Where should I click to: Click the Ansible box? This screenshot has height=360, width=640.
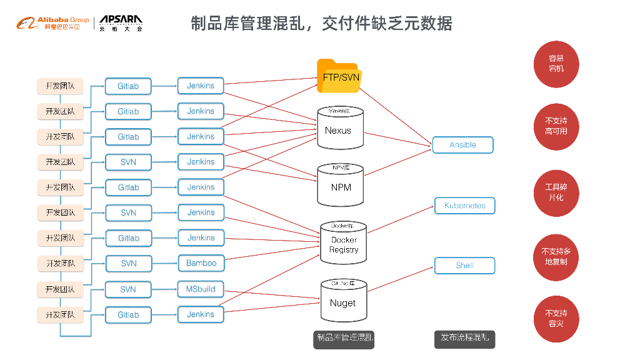pyautogui.click(x=462, y=145)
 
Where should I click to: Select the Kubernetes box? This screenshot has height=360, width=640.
pyautogui.click(x=464, y=206)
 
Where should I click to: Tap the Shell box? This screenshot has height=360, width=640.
pyautogui.click(x=464, y=266)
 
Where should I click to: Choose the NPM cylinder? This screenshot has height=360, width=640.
pyautogui.click(x=341, y=185)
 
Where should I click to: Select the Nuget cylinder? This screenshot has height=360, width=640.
pyautogui.click(x=342, y=301)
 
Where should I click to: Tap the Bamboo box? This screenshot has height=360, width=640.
pyautogui.click(x=201, y=263)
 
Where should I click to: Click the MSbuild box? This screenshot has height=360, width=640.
pyautogui.click(x=201, y=289)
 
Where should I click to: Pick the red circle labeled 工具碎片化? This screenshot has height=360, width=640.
pyautogui.click(x=556, y=192)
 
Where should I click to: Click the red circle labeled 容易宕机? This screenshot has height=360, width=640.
pyautogui.click(x=556, y=63)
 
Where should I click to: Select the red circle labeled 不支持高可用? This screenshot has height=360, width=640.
pyautogui.click(x=556, y=126)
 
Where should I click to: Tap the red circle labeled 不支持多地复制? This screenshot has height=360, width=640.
pyautogui.click(x=556, y=256)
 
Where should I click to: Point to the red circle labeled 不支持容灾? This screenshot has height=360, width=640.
pyautogui.click(x=556, y=318)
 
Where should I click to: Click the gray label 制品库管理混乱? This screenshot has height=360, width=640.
pyautogui.click(x=344, y=338)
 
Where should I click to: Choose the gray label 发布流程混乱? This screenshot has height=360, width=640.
pyautogui.click(x=464, y=338)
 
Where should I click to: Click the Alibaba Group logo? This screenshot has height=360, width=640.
pyautogui.click(x=52, y=24)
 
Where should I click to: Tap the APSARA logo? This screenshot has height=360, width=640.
pyautogui.click(x=121, y=23)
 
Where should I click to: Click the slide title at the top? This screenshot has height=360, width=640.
pyautogui.click(x=321, y=24)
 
